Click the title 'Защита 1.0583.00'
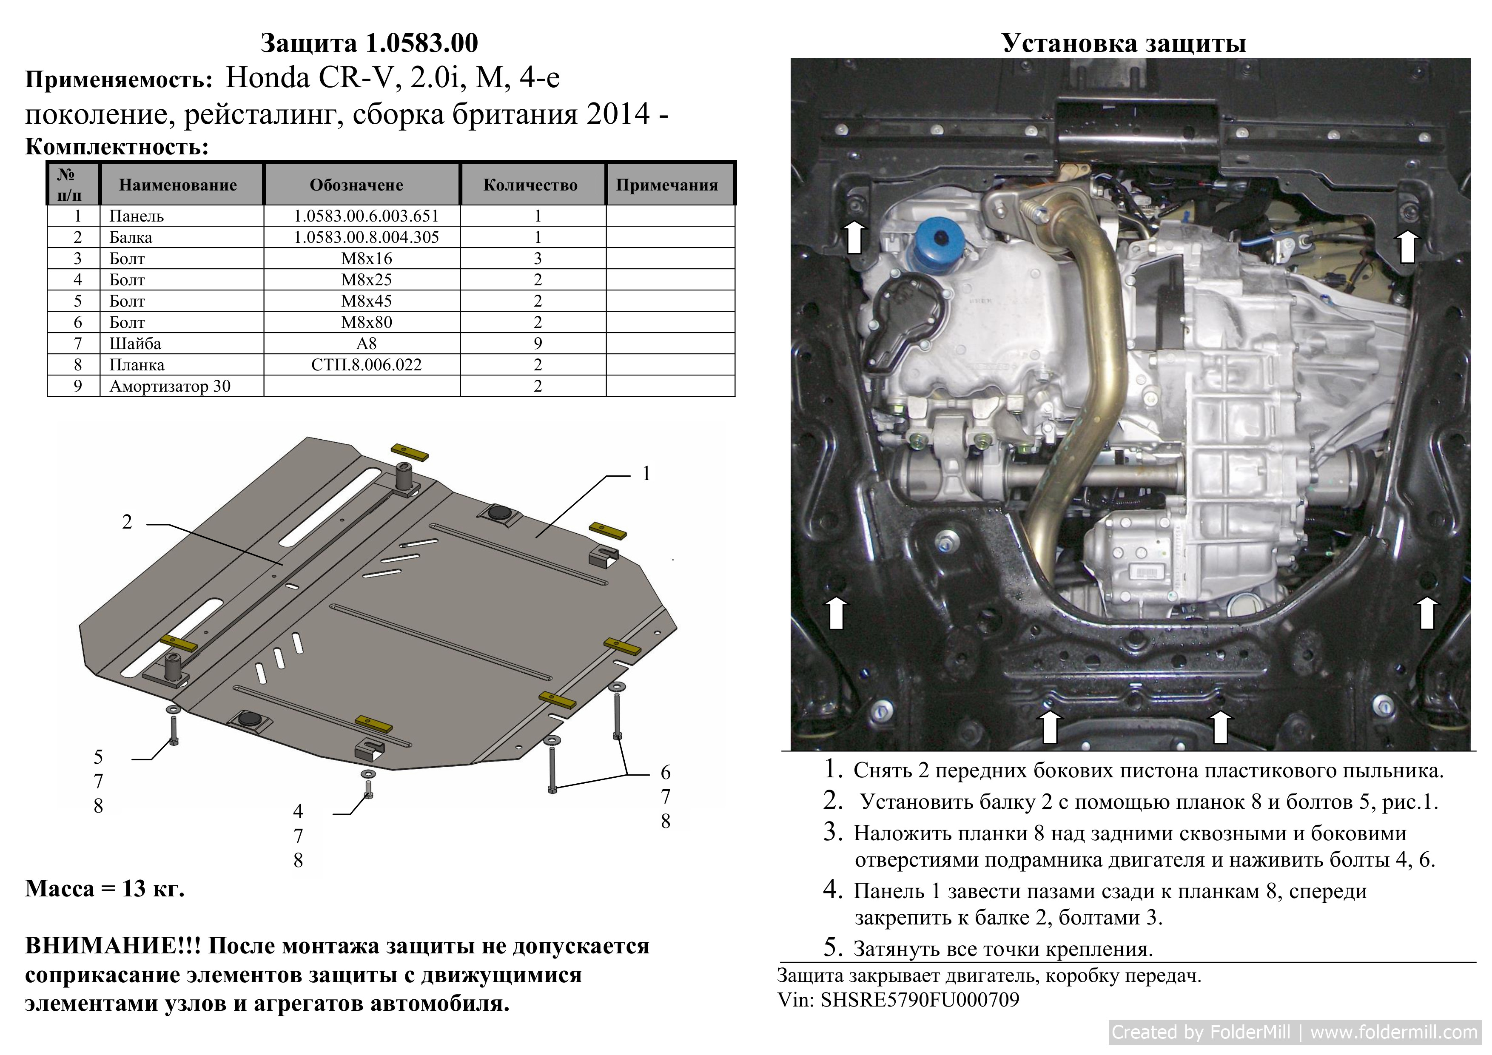tap(369, 43)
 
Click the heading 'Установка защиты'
tap(1124, 43)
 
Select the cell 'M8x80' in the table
tap(367, 322)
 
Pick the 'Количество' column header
tap(530, 185)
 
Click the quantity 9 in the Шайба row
tap(538, 344)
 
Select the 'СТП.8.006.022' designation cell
tap(367, 365)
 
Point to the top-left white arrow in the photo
tap(854, 236)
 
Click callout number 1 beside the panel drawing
tap(646, 474)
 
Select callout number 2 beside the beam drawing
tap(127, 522)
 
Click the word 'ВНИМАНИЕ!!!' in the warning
tap(113, 946)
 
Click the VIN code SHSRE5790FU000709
tap(920, 999)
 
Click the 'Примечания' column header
tap(667, 185)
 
